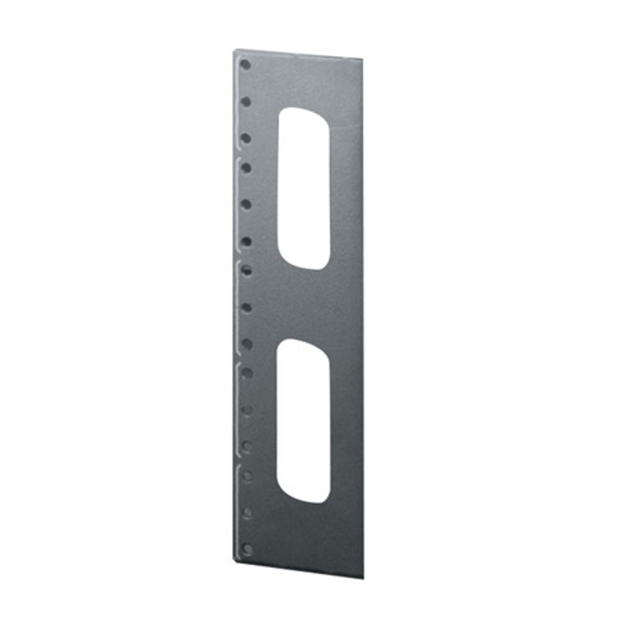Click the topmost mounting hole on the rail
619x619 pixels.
click(x=246, y=65)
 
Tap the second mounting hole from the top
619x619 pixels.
click(x=247, y=102)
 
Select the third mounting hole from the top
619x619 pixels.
click(x=247, y=138)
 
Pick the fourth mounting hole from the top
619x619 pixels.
click(x=247, y=168)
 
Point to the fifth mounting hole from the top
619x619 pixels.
click(x=247, y=204)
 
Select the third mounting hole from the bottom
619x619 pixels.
click(x=248, y=476)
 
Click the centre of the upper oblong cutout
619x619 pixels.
click(x=303, y=188)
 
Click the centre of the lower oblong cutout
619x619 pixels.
click(x=303, y=421)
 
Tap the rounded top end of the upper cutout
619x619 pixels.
click(x=303, y=111)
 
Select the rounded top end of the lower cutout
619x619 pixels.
click(x=303, y=344)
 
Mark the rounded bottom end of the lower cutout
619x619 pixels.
click(x=304, y=498)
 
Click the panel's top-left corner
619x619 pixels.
click(x=235, y=50)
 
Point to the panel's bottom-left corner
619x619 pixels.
click(x=237, y=561)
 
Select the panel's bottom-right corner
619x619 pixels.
click(x=364, y=578)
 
